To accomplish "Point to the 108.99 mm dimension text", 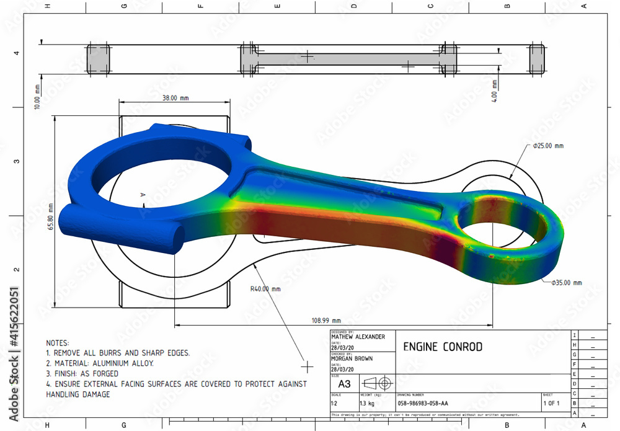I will tap(326, 321).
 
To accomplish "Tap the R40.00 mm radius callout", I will tap(265, 288).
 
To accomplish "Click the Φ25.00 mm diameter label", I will tap(548, 146).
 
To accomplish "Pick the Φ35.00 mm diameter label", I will tap(566, 283).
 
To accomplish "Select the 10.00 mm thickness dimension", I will tap(37, 97).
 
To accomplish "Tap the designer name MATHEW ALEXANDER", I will tap(358, 337).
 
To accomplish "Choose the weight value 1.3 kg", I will tap(366, 403).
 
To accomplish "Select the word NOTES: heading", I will tap(58, 342).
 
